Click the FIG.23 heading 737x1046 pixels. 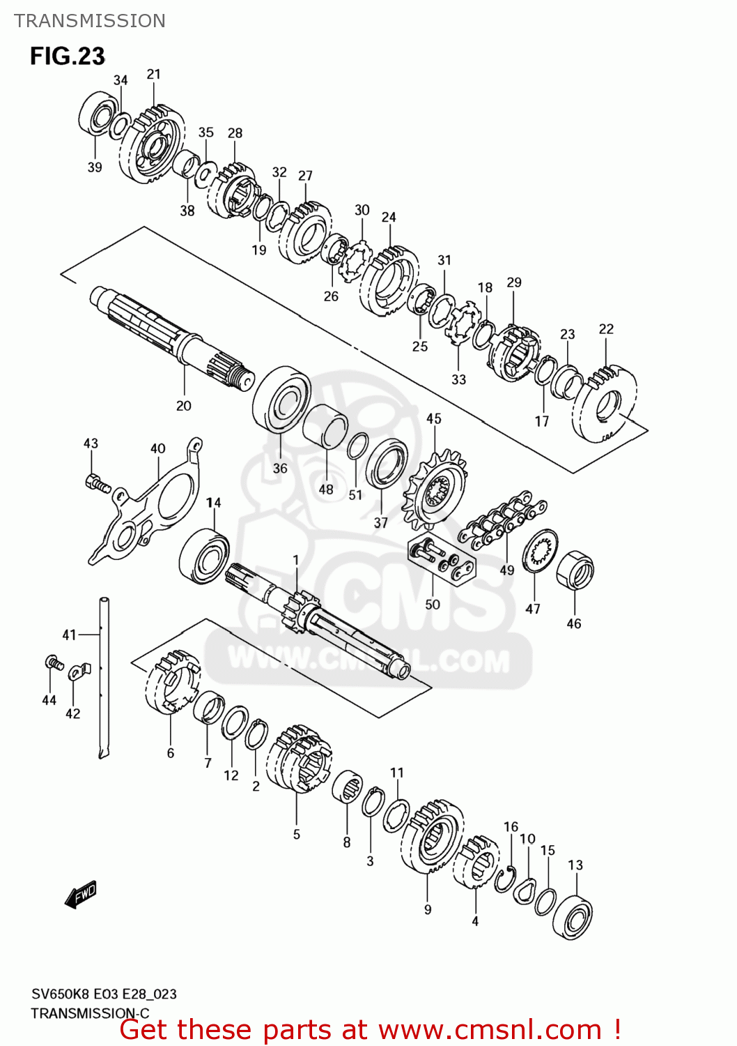67,56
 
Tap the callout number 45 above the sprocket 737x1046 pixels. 434,418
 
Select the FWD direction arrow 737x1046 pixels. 81,894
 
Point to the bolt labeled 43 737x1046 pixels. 97,482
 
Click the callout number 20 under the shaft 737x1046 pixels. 183,406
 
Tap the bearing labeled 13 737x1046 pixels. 573,917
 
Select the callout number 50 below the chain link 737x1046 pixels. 433,604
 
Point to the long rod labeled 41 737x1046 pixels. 104,676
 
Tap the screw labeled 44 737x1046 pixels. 52,662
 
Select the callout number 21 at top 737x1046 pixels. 154,74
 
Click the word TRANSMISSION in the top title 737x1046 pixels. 90,21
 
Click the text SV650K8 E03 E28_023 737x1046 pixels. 104,994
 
